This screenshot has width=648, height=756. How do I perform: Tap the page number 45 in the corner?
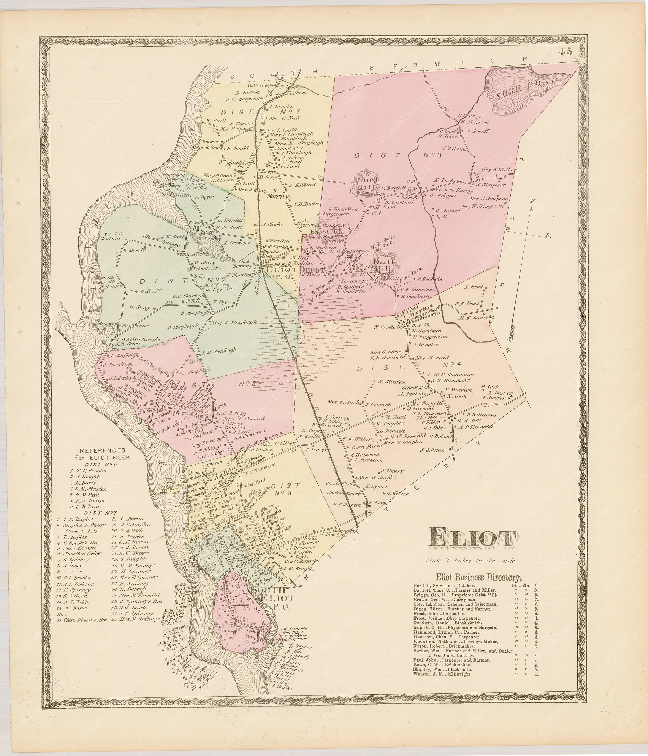pos(565,52)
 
